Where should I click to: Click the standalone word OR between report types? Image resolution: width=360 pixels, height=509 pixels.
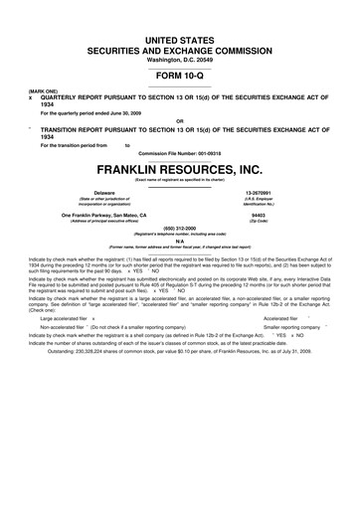pos(180,122)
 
